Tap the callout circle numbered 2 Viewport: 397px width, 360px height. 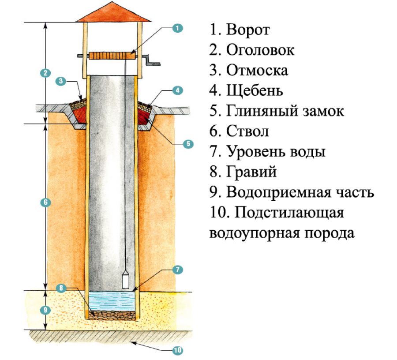click(44, 73)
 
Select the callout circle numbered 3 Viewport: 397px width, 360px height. click(61, 81)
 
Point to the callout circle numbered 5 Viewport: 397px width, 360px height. click(187, 144)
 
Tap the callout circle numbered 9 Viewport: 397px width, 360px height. click(44, 310)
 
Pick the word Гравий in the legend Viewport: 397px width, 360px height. click(251, 172)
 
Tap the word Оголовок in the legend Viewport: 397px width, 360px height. click(260, 50)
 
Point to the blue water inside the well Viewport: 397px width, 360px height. click(112, 302)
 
